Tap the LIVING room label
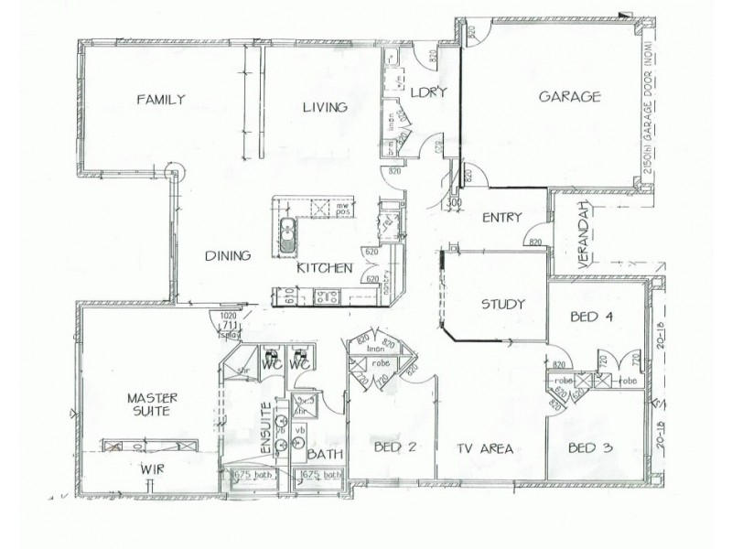click(326, 107)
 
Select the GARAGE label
click(568, 95)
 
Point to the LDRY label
click(425, 92)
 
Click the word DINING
click(227, 256)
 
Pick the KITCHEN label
click(324, 268)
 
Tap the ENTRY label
click(501, 218)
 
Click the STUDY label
click(503, 305)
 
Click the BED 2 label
click(395, 447)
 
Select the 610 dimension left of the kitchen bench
click(289, 295)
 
